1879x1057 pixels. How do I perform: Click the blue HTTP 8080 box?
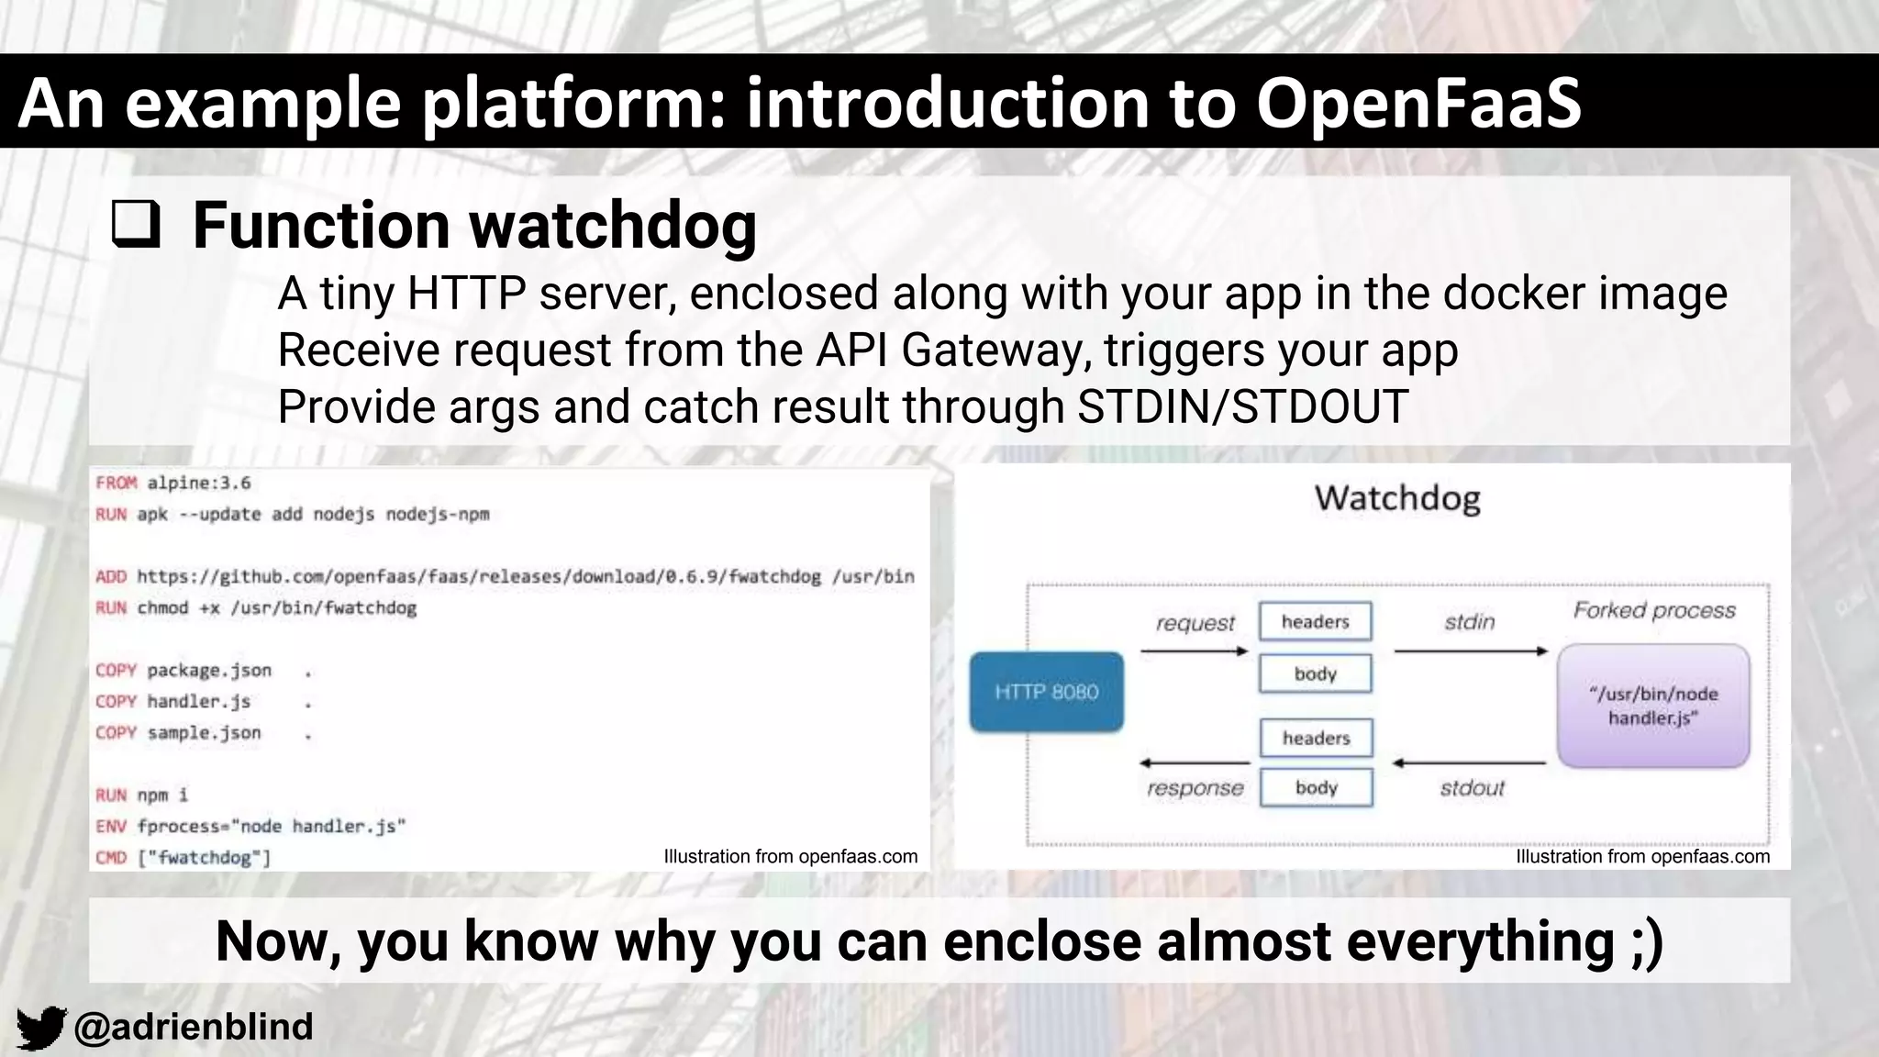pyautogui.click(x=1046, y=692)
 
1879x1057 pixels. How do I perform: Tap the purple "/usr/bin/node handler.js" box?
pyautogui.click(x=1653, y=706)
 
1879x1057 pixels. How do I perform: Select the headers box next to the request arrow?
pyautogui.click(x=1316, y=621)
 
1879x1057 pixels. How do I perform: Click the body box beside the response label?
pyautogui.click(x=1316, y=787)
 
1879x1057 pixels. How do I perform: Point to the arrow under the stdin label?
pyautogui.click(x=1470, y=651)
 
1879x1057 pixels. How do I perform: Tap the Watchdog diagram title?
pyautogui.click(x=1397, y=498)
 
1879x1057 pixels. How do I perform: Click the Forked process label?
pyautogui.click(x=1654, y=610)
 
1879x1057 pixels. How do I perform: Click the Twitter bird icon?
pyautogui.click(x=41, y=1027)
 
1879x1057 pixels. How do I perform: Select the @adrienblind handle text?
pyautogui.click(x=193, y=1027)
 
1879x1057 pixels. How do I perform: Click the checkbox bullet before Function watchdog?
pyautogui.click(x=136, y=226)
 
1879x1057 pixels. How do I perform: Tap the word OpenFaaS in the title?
pyautogui.click(x=1418, y=102)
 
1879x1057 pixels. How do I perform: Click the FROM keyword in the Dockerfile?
pyautogui.click(x=116, y=483)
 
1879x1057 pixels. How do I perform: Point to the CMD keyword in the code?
pyautogui.click(x=111, y=857)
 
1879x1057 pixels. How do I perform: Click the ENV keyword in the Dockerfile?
pyautogui.click(x=111, y=826)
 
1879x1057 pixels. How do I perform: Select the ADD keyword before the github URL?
pyautogui.click(x=111, y=576)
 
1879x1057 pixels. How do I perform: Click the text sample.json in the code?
pyautogui.click(x=204, y=732)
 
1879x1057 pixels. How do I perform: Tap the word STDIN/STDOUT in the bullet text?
pyautogui.click(x=1242, y=406)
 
